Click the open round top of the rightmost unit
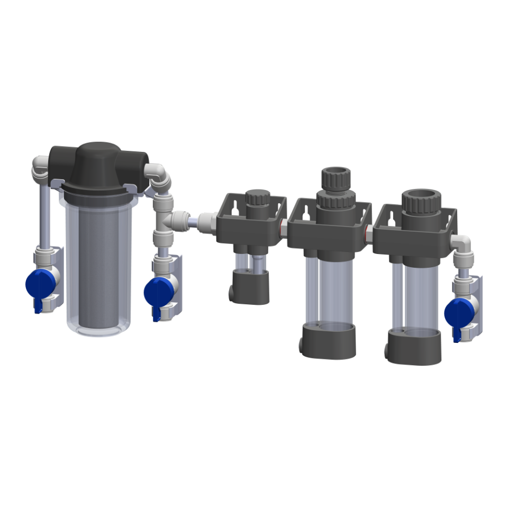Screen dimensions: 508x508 420,198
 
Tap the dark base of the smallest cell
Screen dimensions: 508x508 250,286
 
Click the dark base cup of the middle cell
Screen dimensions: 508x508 328,341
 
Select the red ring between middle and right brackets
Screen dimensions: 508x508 368,229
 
